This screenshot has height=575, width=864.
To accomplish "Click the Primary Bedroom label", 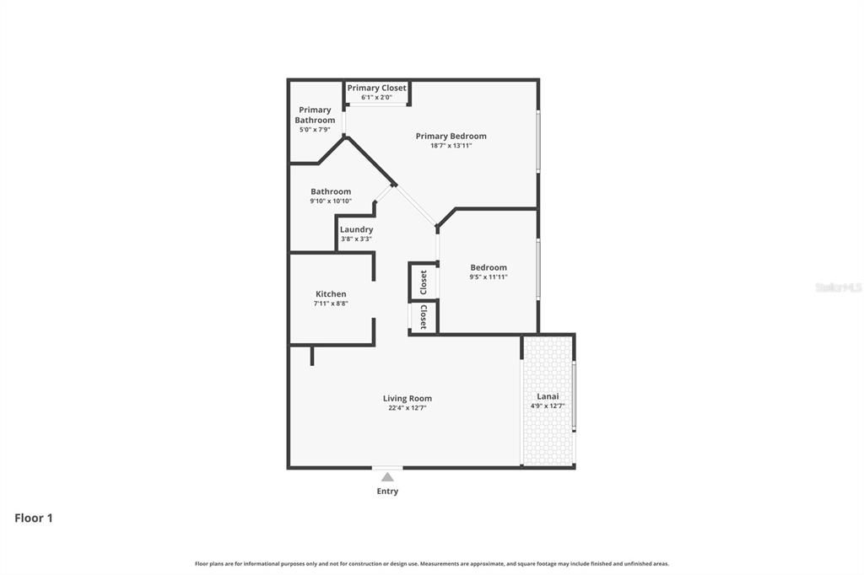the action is coord(451,136).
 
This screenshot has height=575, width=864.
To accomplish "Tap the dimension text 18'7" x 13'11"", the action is coord(451,146).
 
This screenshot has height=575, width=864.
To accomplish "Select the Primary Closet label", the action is coord(376,88).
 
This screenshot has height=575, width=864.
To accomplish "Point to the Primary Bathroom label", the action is coord(315,115).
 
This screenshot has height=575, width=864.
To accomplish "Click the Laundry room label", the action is coord(356,229).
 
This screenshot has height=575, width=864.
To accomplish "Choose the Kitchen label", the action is coord(331,293).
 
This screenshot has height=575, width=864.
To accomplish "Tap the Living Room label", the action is coord(408,398).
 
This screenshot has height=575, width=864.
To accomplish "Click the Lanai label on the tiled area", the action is coord(548,396).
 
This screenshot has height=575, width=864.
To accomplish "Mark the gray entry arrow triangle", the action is coord(387,477).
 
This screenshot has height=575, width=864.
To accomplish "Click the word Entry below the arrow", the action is coord(387,492).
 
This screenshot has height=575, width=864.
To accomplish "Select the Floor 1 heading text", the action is coord(34,518).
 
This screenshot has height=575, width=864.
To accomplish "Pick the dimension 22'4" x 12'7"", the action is coord(408,408).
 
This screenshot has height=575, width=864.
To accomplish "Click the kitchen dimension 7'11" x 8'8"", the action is coord(331,304).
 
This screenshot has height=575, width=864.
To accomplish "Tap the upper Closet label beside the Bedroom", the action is coord(424,282).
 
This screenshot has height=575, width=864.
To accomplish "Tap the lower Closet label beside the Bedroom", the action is coord(424,317).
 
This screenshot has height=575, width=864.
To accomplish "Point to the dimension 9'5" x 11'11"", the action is coord(489,277).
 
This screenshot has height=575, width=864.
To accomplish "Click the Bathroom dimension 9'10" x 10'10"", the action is coord(331,201).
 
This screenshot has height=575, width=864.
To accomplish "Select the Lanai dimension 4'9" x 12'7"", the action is coord(548,406).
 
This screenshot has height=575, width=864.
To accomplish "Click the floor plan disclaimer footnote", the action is coord(432,563).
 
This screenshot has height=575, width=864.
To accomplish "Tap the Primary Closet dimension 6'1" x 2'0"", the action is coord(376,98).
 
